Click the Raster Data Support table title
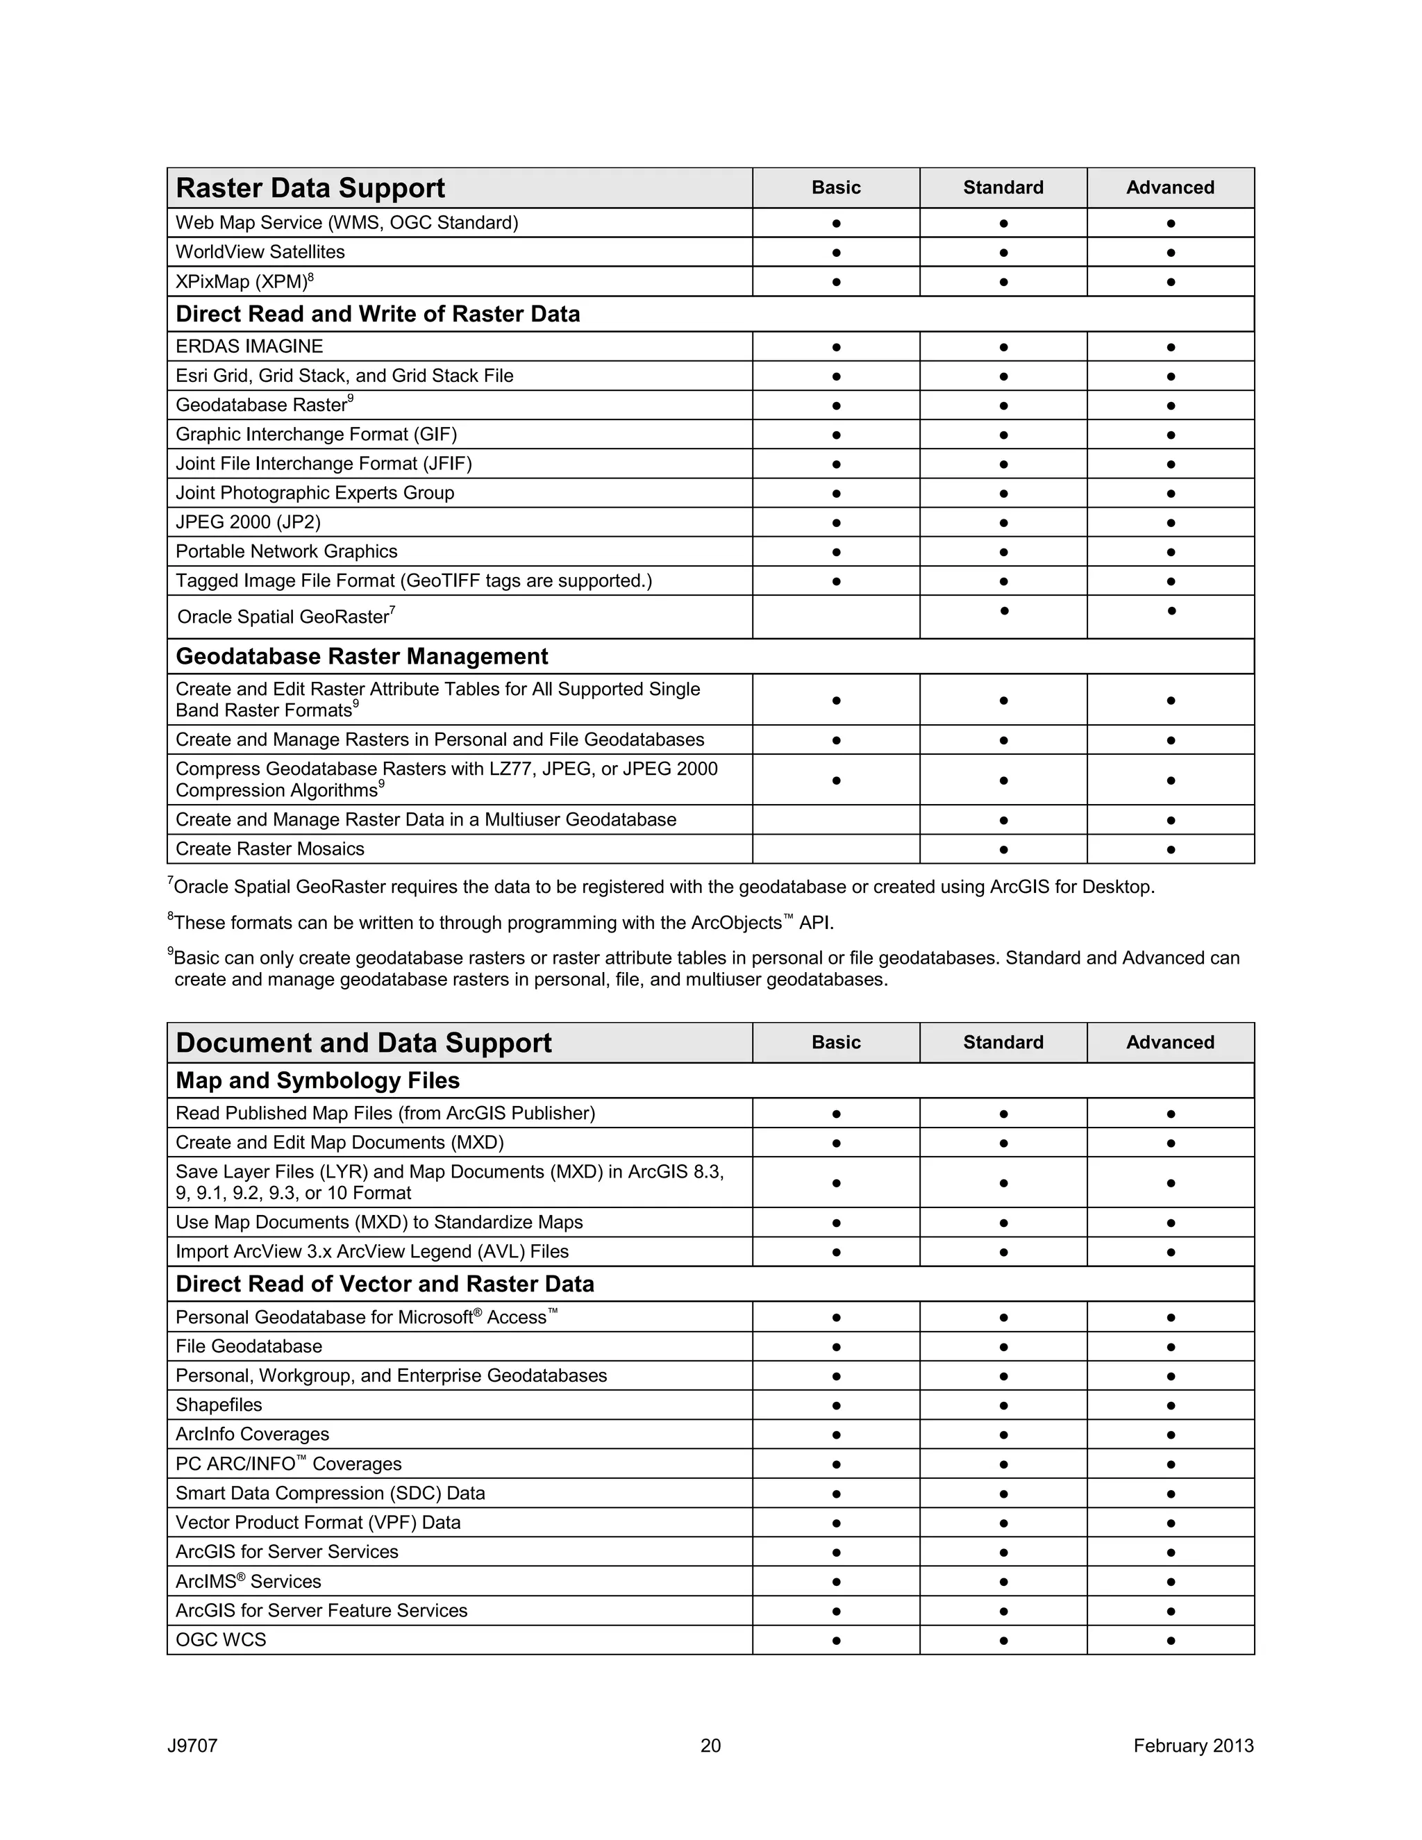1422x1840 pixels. coord(310,188)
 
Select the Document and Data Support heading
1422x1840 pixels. coord(363,1043)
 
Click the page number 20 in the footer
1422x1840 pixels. coord(710,1746)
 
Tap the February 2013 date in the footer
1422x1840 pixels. coord(1193,1746)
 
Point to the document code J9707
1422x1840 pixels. coord(193,1746)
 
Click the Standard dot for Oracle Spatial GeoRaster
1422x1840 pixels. coord(1003,610)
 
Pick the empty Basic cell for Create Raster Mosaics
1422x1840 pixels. coord(836,849)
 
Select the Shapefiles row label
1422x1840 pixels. coord(219,1405)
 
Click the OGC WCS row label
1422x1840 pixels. coord(221,1639)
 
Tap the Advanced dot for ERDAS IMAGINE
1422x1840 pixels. coord(1170,347)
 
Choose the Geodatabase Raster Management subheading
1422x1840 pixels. coord(361,656)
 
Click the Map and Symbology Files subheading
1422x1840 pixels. coord(317,1081)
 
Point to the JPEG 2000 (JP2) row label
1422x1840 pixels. coord(249,522)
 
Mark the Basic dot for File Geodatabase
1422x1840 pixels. coord(836,1347)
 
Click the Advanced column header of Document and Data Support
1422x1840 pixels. coord(1170,1043)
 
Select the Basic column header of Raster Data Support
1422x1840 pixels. coord(836,188)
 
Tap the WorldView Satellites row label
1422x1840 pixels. coord(260,252)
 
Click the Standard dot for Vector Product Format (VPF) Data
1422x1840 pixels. coord(1003,1523)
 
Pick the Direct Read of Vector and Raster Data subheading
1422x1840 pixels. coord(385,1284)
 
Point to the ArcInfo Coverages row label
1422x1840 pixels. coord(253,1434)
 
